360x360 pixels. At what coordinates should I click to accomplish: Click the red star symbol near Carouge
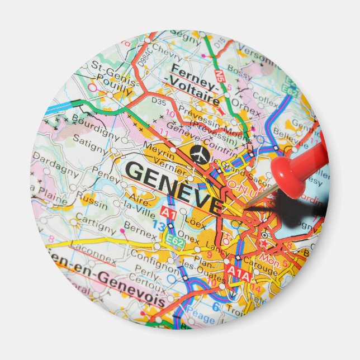pos(264,244)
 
